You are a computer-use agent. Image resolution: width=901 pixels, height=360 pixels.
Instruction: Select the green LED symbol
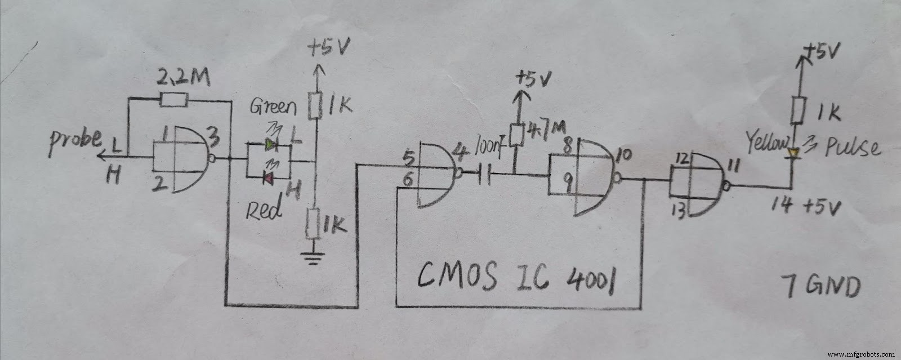(x=271, y=145)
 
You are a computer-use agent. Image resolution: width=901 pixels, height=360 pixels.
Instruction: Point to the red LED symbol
(x=269, y=179)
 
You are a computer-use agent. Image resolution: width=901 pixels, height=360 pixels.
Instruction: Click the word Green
(x=273, y=106)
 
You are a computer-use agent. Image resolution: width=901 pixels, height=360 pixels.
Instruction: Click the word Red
(x=264, y=210)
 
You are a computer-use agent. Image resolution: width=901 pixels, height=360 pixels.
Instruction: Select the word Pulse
(x=852, y=146)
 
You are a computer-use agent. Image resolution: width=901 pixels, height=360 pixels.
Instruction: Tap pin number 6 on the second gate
(x=408, y=180)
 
